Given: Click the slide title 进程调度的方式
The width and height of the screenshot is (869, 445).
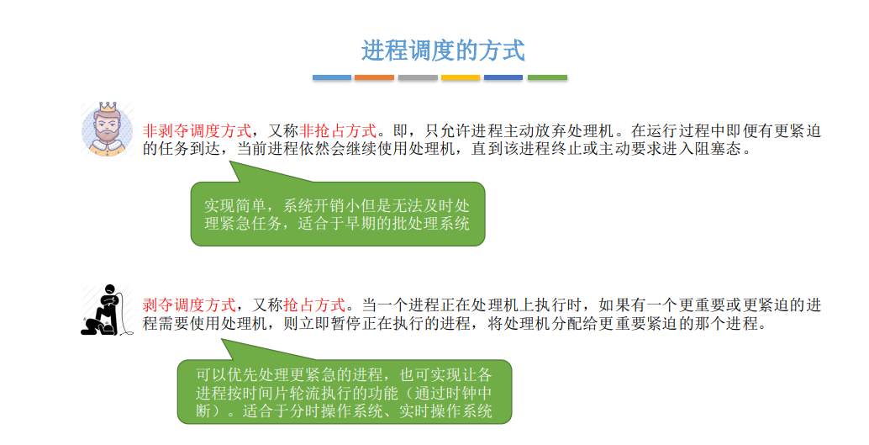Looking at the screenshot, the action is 443,50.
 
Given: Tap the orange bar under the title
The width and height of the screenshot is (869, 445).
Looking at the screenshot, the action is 374,77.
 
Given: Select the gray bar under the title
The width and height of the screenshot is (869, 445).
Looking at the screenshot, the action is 418,77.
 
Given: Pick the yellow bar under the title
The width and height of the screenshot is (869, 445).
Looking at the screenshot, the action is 461,77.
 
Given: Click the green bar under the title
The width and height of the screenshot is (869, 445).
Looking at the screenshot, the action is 547,77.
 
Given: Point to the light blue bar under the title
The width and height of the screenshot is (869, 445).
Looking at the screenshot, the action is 331,77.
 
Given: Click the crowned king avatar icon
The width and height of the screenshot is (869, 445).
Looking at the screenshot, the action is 108,129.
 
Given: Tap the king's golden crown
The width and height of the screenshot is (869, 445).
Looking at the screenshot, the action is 108,107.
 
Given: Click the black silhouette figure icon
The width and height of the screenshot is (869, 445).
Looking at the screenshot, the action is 108,310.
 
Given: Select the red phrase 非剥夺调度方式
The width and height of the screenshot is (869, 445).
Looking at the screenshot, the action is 197,131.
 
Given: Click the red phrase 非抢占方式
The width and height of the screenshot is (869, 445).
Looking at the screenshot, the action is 338,131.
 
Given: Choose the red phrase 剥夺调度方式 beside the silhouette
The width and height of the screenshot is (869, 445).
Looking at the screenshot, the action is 190,305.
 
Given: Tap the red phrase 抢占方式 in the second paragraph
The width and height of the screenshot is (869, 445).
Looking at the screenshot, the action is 315,305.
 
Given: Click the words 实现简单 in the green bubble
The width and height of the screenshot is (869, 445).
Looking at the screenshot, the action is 235,206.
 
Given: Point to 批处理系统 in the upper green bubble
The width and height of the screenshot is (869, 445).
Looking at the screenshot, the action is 430,224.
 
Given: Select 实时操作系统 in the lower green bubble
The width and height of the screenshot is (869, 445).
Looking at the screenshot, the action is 445,411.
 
